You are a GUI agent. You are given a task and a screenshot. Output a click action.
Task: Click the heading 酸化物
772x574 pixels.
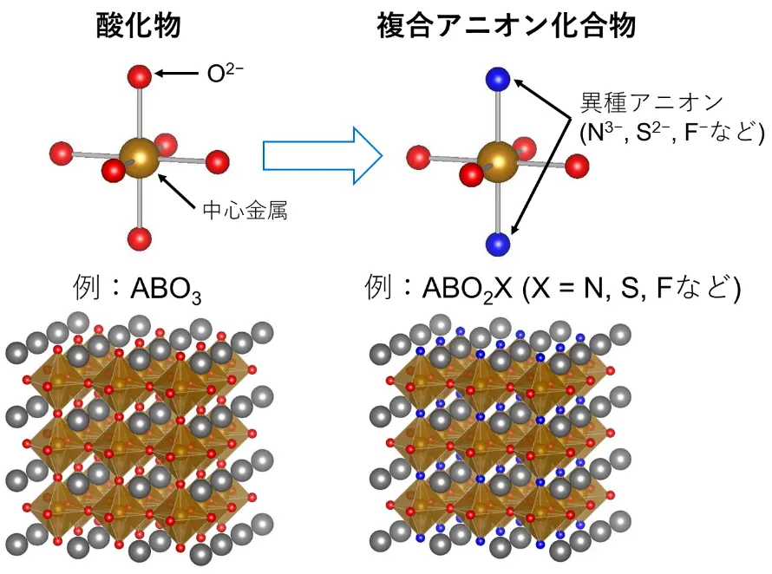point(139,27)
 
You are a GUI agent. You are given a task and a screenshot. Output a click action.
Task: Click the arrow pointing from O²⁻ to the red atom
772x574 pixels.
point(178,74)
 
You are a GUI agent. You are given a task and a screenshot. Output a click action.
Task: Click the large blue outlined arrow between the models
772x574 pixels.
point(322,156)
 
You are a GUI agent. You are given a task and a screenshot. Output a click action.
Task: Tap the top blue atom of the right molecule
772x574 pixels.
point(498,79)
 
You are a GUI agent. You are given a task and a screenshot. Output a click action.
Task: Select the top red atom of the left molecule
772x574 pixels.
point(140,75)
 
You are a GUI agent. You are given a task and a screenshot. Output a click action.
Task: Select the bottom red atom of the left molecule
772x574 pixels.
point(139,238)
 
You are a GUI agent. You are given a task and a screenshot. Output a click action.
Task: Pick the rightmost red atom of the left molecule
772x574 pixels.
point(217,161)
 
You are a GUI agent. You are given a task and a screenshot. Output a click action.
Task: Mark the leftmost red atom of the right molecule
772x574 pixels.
point(420,158)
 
